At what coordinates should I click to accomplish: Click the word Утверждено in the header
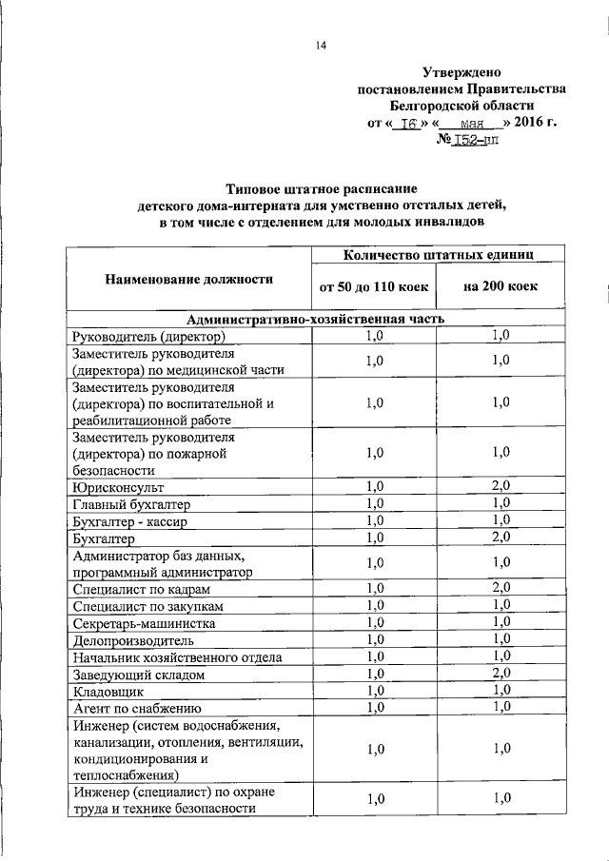(462, 72)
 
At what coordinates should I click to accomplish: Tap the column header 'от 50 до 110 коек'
(374, 286)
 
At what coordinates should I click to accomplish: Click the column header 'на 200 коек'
(501, 286)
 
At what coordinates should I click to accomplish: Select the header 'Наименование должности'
(188, 279)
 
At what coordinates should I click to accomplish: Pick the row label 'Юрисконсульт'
(117, 486)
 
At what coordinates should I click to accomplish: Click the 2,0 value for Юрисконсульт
(501, 486)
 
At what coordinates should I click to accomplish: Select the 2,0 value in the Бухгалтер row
(501, 538)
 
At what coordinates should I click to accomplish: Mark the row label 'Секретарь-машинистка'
(144, 623)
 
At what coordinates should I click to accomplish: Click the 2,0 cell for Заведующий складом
(501, 674)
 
